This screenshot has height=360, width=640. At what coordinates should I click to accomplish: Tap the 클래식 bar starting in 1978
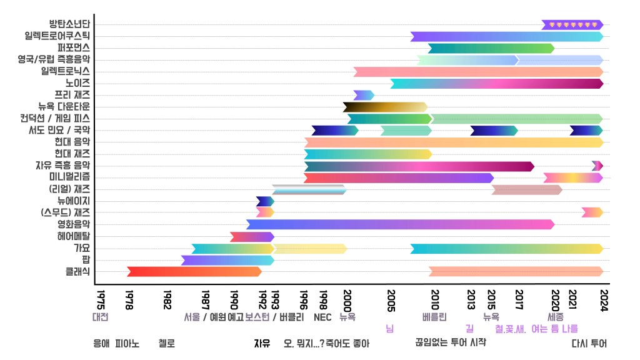point(194,272)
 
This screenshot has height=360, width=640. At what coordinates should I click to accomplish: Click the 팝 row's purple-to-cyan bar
point(227,260)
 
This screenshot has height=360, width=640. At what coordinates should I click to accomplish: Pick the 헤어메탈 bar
point(252,237)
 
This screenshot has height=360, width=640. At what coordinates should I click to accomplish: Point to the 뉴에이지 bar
point(265,201)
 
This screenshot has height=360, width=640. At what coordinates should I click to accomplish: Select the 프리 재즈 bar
point(364,95)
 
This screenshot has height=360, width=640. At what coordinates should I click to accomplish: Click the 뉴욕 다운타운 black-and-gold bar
point(385,107)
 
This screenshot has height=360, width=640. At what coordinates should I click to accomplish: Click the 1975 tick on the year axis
point(100,296)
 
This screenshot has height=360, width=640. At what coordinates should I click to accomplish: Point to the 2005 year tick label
point(391,296)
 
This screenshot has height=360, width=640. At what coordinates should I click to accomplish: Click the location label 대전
point(100,317)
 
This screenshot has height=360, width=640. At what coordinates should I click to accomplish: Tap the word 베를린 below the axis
point(434,317)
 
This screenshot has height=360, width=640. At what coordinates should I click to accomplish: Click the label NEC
point(322,317)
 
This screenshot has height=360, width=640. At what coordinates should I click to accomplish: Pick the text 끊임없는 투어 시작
point(450,342)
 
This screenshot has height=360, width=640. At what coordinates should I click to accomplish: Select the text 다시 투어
point(589,343)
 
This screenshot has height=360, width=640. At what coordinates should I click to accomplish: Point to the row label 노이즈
point(77,83)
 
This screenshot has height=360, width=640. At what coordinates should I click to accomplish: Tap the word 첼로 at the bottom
point(167,343)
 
